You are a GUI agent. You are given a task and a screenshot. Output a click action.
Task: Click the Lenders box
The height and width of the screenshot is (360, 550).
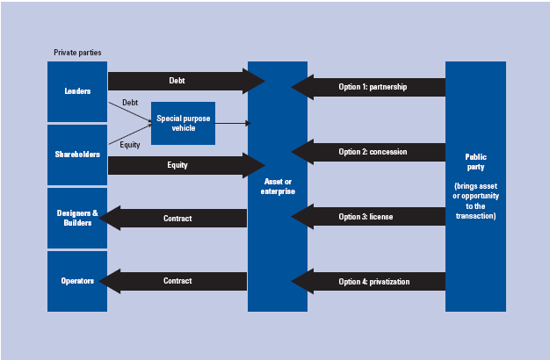tap(77, 91)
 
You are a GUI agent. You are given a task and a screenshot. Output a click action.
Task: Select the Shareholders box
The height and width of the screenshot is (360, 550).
tap(77, 155)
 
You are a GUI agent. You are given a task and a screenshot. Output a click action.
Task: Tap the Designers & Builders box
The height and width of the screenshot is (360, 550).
tap(77, 218)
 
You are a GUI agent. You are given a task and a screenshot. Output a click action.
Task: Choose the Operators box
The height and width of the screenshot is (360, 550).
tap(77, 281)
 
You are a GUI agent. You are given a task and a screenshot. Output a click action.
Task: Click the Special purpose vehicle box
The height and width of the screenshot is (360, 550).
tap(182, 123)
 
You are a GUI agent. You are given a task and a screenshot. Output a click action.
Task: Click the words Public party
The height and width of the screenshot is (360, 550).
tap(475, 162)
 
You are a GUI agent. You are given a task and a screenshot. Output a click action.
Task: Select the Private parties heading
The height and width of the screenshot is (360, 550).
tap(77, 53)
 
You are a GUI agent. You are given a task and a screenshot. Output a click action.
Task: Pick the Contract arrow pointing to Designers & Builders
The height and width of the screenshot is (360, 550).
tap(176, 218)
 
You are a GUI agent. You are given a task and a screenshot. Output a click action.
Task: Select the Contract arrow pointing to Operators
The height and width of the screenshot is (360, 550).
tap(176, 281)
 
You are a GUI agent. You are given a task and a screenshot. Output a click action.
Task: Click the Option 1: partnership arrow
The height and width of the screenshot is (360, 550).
tap(369, 87)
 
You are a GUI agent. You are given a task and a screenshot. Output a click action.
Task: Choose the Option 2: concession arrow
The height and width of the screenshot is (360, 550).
tap(369, 151)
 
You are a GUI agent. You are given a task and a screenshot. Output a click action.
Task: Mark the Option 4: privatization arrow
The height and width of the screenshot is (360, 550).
tap(369, 281)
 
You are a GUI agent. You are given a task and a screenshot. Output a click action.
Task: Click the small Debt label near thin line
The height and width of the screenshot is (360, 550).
tap(130, 103)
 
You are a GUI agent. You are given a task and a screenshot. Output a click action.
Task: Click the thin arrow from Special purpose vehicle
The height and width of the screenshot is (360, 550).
tap(230, 123)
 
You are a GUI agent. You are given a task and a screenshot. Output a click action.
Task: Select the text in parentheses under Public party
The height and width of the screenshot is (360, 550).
tap(475, 200)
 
